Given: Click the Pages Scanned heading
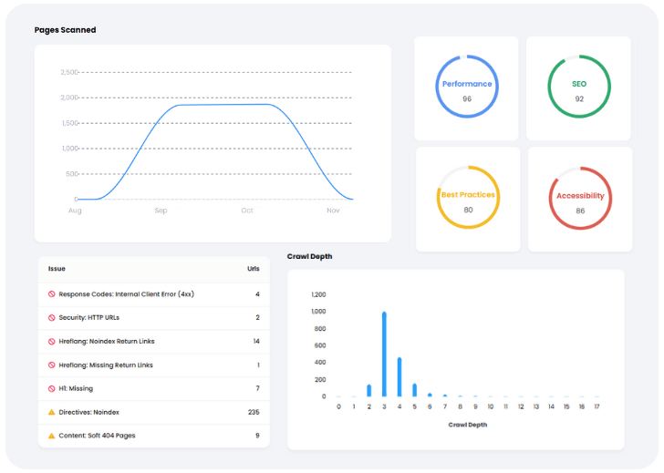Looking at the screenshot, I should click(65, 30).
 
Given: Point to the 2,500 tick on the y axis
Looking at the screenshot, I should click(69, 72).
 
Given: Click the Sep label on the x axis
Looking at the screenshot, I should click(161, 211).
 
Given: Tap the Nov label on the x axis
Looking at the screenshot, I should click(333, 211).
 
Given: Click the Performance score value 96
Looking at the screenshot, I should click(467, 98).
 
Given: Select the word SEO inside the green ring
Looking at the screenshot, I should click(579, 84).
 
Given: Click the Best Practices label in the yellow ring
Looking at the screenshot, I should click(468, 195).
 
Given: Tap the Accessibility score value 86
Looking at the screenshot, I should click(580, 211).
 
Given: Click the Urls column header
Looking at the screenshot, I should click(254, 269).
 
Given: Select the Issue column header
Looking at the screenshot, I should click(57, 269).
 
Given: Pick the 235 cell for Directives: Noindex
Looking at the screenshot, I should click(254, 412).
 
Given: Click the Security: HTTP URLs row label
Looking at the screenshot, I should click(89, 317).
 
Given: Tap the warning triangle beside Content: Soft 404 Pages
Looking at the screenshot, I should click(52, 436).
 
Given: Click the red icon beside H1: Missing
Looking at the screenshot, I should click(52, 388).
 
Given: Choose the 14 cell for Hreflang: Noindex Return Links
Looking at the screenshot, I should click(256, 341).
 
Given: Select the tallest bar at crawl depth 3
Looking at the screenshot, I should click(384, 354).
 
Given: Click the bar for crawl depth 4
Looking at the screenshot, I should click(399, 376).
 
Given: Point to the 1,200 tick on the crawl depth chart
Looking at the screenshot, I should click(318, 294).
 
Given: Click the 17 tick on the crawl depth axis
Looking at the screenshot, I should click(597, 407).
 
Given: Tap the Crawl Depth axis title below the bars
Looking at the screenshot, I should click(467, 425).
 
